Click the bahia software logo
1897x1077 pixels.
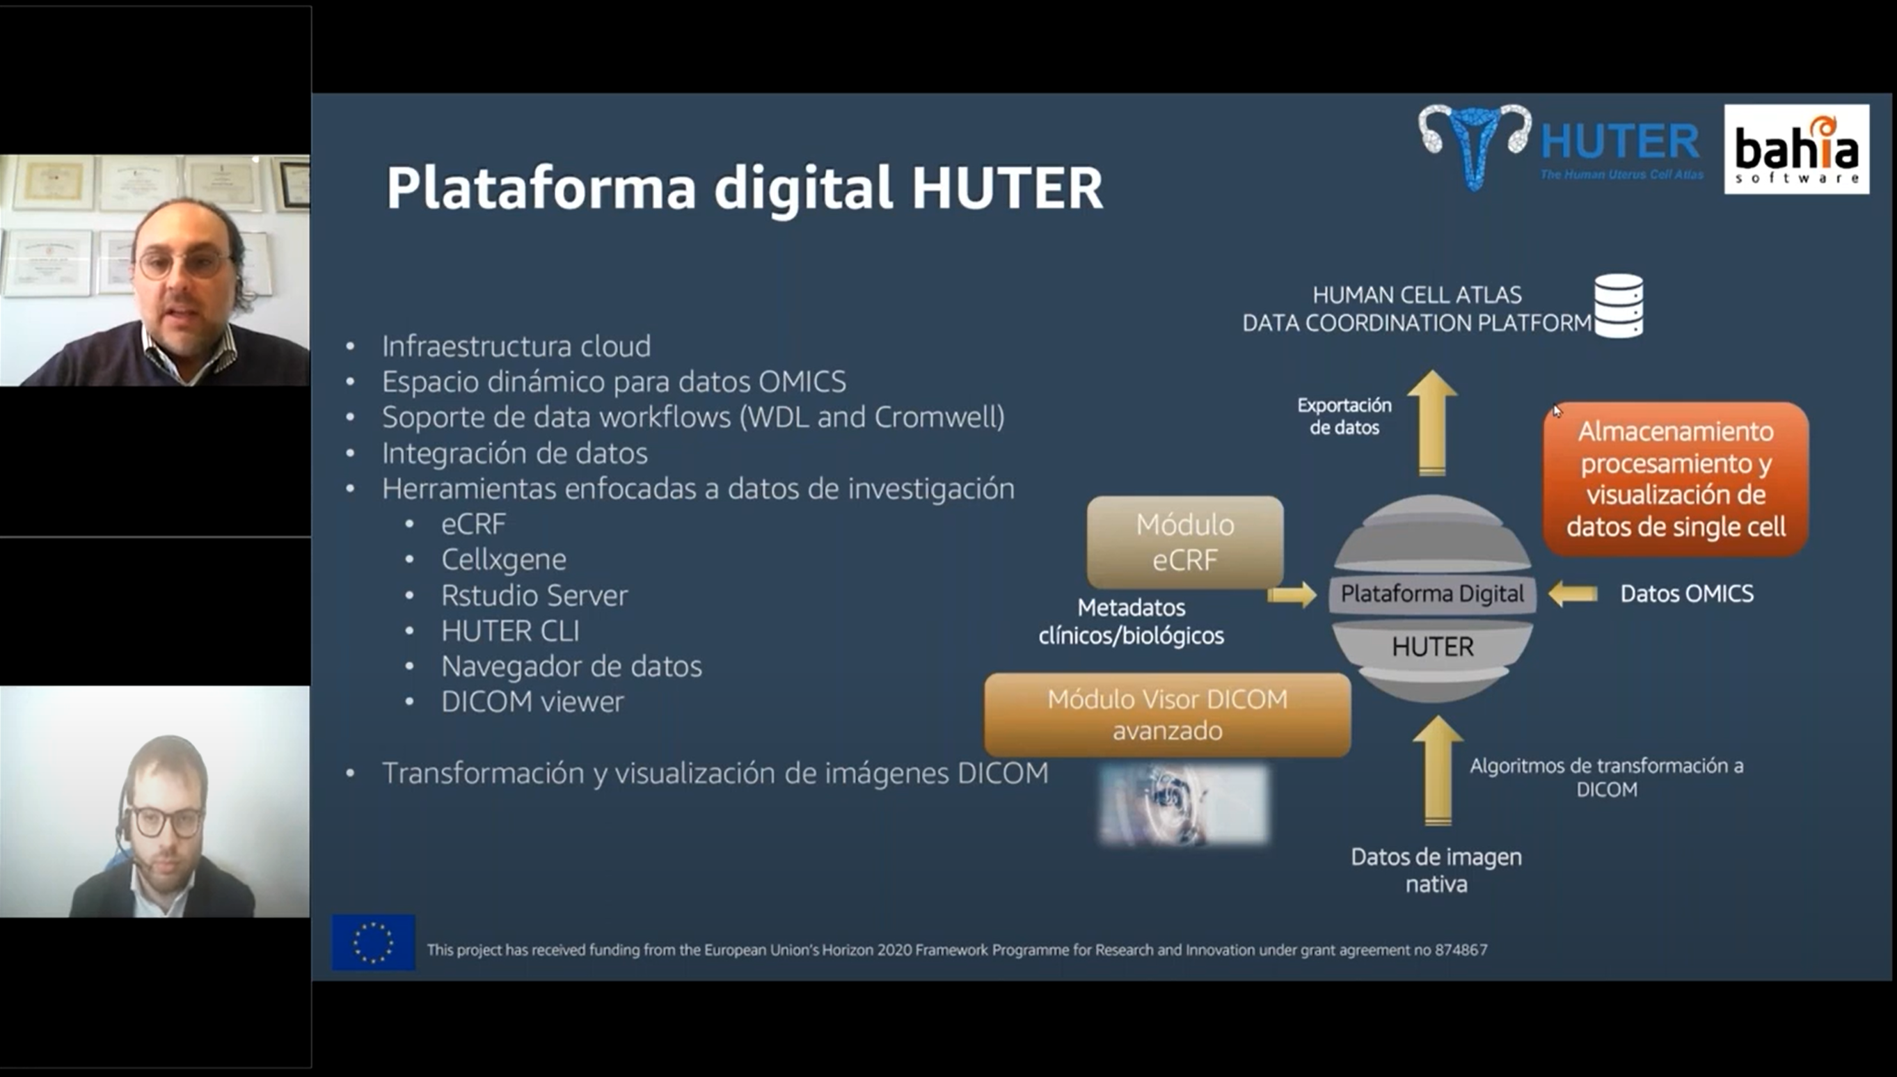coord(1796,149)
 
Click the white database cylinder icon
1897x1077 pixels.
coord(1619,305)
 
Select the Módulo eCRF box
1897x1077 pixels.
coord(1184,542)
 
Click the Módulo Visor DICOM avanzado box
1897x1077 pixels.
coord(1167,715)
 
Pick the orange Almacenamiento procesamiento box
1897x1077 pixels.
coord(1676,479)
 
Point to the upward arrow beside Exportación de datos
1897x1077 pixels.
coord(1432,422)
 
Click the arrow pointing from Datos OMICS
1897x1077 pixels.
coord(1573,593)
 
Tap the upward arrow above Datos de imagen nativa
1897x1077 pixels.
coord(1438,770)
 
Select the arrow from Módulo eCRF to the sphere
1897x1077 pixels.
coord(1292,595)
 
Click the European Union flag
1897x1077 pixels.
coord(374,942)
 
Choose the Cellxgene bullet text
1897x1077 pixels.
coord(504,559)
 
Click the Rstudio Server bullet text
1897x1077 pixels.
coord(534,595)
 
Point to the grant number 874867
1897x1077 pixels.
coord(1461,950)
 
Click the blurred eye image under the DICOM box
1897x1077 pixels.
coord(1184,804)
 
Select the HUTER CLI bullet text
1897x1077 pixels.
coord(511,631)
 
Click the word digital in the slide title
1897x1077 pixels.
coord(803,187)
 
